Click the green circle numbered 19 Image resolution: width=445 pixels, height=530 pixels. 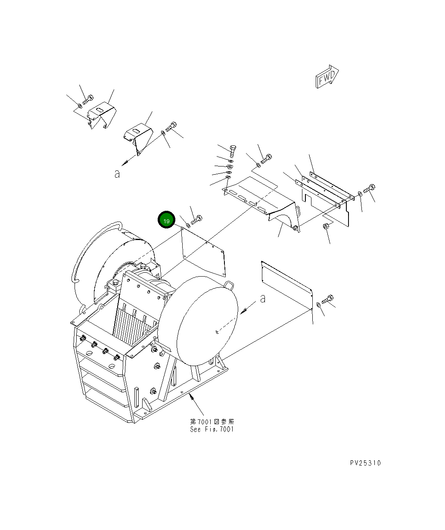[x=166, y=220]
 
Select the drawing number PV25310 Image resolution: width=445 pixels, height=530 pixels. [x=365, y=463]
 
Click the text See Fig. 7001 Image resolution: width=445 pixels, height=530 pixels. [x=212, y=429]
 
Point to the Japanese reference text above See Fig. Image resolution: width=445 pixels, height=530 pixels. [x=212, y=422]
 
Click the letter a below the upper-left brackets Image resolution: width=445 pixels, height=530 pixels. [x=117, y=174]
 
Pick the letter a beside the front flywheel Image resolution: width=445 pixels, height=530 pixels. [x=262, y=298]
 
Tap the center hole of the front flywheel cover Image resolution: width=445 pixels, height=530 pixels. [x=217, y=332]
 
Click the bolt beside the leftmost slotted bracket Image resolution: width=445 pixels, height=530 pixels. [x=87, y=99]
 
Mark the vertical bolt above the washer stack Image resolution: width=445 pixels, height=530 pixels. [x=233, y=151]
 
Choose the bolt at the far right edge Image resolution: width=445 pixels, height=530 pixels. [x=370, y=188]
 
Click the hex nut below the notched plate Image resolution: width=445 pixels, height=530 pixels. [x=326, y=227]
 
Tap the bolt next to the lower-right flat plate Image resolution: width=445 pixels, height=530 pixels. [x=328, y=299]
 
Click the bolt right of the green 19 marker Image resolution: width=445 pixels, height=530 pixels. [x=197, y=220]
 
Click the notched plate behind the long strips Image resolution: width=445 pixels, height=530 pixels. [x=327, y=206]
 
